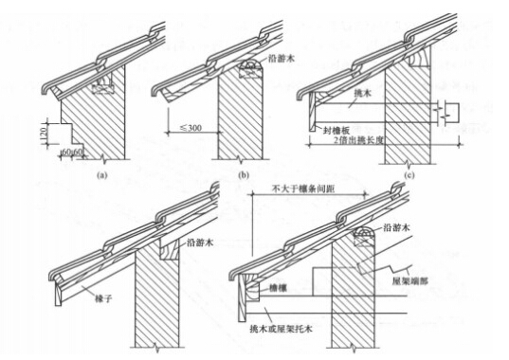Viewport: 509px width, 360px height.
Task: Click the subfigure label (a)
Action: tap(102, 174)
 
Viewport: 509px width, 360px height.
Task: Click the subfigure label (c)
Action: tap(409, 174)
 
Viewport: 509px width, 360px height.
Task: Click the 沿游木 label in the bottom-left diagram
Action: tap(203, 243)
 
